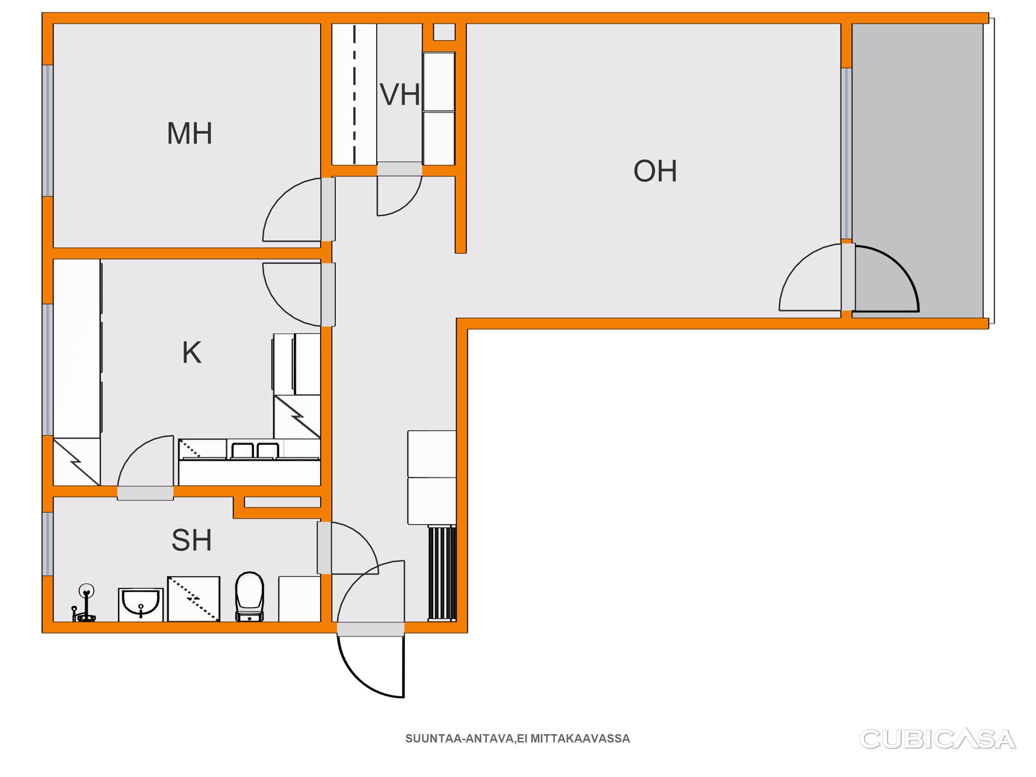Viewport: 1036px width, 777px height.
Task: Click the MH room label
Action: pos(190,134)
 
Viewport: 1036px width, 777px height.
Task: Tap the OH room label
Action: pos(655,171)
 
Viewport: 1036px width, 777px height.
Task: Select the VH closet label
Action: pos(400,94)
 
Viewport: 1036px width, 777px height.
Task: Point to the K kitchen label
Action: pos(192,353)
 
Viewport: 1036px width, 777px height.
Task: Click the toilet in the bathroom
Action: pos(250,596)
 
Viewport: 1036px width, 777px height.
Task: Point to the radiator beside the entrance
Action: pos(442,573)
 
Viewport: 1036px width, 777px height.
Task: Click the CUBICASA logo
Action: pos(938,739)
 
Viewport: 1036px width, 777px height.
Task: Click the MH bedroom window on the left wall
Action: pos(47,130)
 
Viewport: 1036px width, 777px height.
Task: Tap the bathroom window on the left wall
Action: pos(47,544)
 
